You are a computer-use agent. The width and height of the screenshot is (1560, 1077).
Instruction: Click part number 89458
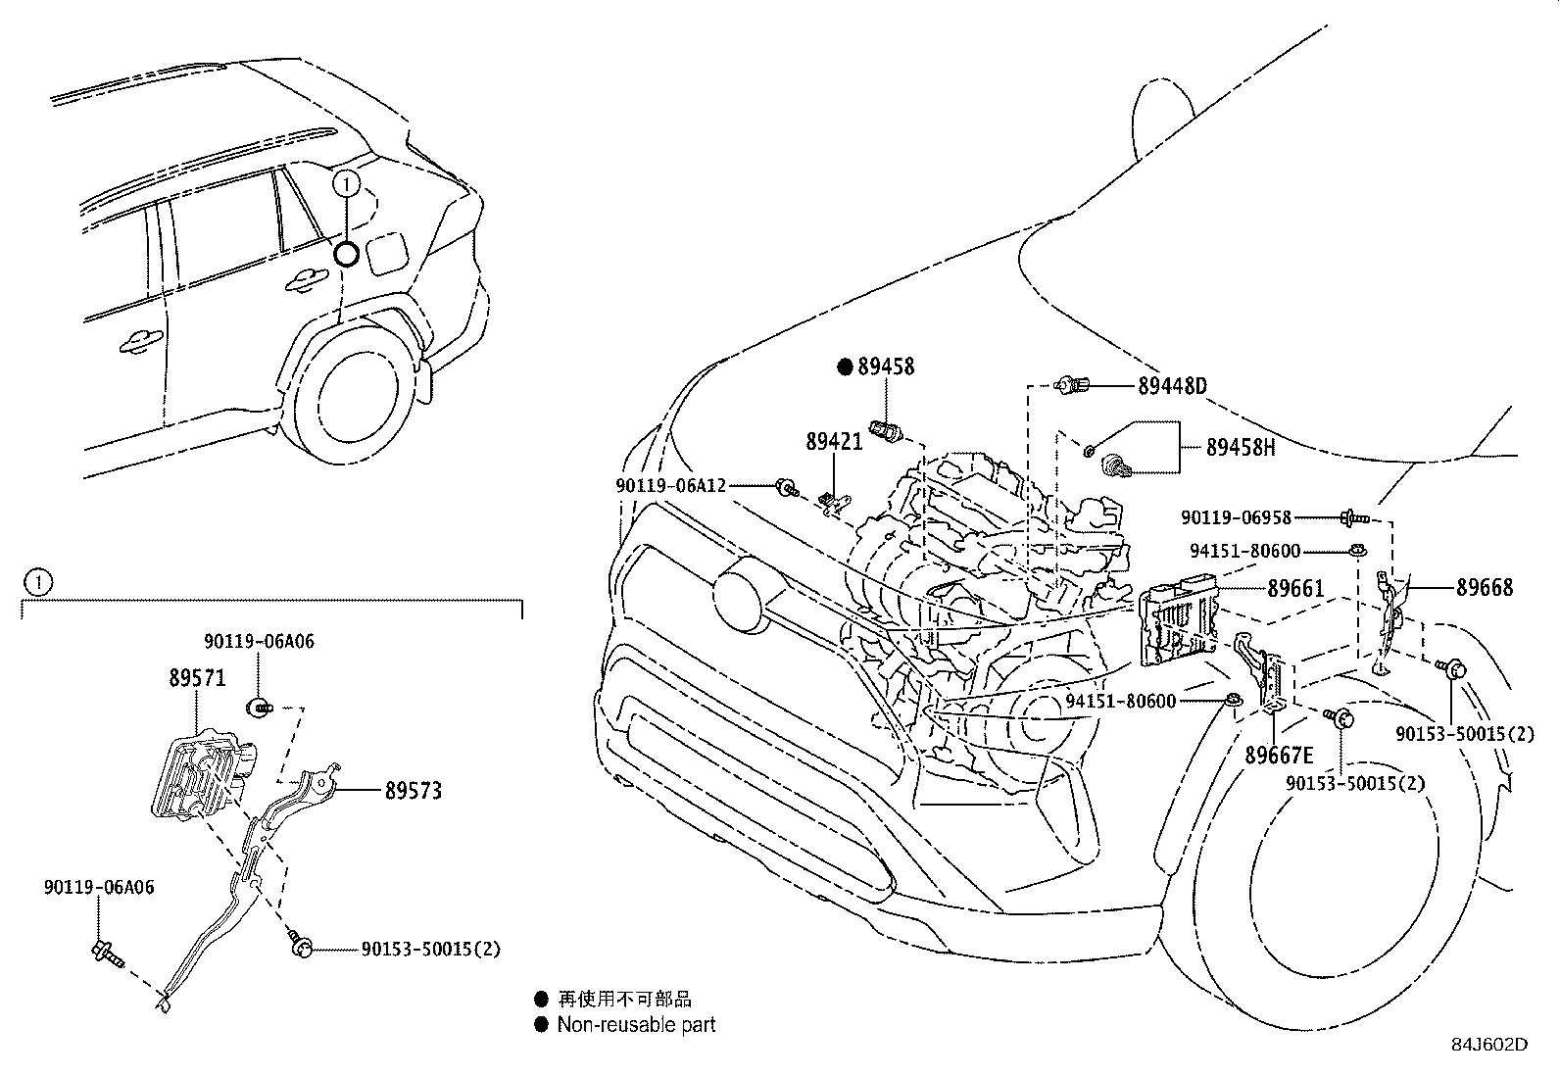pos(886,367)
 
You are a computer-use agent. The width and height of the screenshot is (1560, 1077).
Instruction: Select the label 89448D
pos(1172,386)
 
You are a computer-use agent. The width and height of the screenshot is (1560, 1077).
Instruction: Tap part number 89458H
pos(1240,447)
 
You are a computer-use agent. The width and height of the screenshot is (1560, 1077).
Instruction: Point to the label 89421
pos(834,442)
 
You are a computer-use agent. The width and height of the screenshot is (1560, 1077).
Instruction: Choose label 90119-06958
pos(1236,517)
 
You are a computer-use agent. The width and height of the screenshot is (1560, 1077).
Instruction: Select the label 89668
pos(1484,588)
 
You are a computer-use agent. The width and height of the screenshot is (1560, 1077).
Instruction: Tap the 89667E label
pos(1278,755)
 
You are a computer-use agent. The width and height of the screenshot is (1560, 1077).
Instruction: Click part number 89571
pos(197,678)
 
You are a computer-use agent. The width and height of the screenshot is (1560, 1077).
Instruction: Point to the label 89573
pos(413,790)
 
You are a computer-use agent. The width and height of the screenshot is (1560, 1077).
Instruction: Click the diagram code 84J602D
pos(1489,1045)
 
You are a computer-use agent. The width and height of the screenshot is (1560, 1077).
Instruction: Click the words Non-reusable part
pos(636,1025)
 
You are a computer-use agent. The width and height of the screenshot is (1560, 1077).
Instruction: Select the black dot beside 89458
pos(845,367)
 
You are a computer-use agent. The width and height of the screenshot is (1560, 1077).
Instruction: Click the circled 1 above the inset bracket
pos(37,583)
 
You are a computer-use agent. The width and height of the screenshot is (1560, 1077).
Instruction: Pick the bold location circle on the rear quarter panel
pos(346,254)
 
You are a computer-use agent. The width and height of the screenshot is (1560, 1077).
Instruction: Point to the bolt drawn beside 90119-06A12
pos(786,486)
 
